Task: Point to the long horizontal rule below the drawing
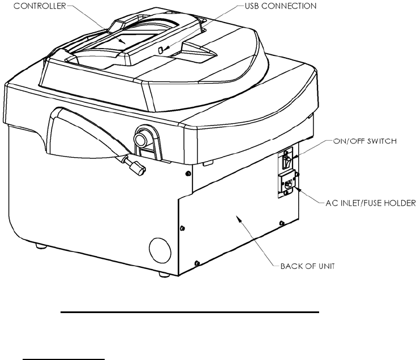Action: point(190,311)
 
